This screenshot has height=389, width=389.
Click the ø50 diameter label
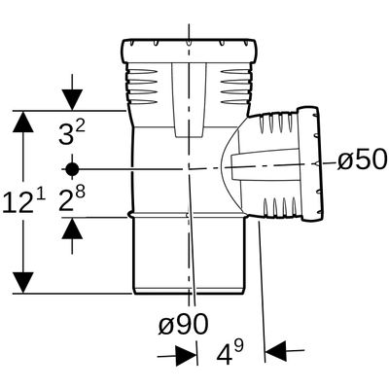pos(363,159)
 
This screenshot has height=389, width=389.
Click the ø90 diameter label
pos(183,324)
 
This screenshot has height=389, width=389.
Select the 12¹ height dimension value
pos(24,202)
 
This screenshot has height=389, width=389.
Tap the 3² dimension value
pos(72,131)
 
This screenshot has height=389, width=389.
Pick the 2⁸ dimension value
pos(72,198)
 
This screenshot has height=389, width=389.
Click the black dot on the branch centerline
pos(72,169)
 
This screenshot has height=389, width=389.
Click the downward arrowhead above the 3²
pos(72,100)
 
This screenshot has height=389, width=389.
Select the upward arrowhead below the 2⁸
pos(72,229)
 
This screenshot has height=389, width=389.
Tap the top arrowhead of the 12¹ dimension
pos(23,122)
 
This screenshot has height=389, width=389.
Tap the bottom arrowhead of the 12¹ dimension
pos(23,283)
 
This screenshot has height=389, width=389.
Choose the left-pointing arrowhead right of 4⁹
pos(275,351)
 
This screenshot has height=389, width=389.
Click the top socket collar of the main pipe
pos(189,51)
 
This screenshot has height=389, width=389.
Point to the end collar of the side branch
pos(310,164)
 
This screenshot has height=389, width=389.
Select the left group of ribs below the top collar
pos(143,87)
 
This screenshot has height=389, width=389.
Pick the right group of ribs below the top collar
pos(235,87)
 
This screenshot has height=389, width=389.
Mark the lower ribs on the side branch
pos(278,207)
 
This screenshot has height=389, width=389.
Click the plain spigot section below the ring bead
pos(189,256)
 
